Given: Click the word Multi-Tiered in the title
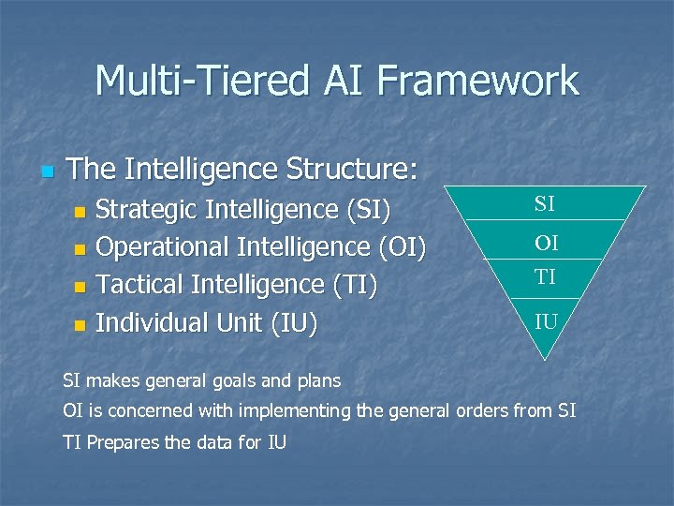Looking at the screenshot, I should (x=198, y=81).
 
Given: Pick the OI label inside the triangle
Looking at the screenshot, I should (x=546, y=244).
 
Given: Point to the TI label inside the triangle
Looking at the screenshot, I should (x=546, y=275).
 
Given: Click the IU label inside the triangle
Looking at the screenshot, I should (x=547, y=322).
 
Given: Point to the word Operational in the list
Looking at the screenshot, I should (x=163, y=247).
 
